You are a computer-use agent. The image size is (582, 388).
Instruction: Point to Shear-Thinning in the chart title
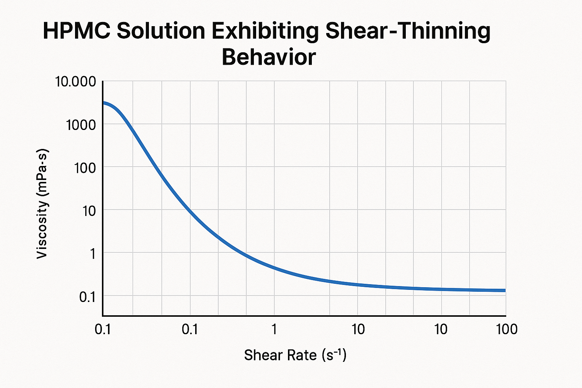[x=408, y=31]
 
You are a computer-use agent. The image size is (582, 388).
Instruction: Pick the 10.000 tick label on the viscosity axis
[x=75, y=81]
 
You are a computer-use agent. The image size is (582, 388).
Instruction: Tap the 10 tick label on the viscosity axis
[x=89, y=210]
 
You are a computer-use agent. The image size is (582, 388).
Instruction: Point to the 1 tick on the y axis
[x=92, y=253]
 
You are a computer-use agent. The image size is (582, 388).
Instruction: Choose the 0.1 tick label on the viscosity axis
[x=87, y=297]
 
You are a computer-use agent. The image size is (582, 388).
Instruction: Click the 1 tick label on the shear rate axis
[x=274, y=330]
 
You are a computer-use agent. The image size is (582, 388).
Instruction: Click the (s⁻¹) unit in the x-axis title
[x=334, y=355]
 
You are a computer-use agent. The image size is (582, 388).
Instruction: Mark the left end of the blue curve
[x=103, y=103]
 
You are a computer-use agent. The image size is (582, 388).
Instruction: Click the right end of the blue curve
[x=505, y=290]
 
